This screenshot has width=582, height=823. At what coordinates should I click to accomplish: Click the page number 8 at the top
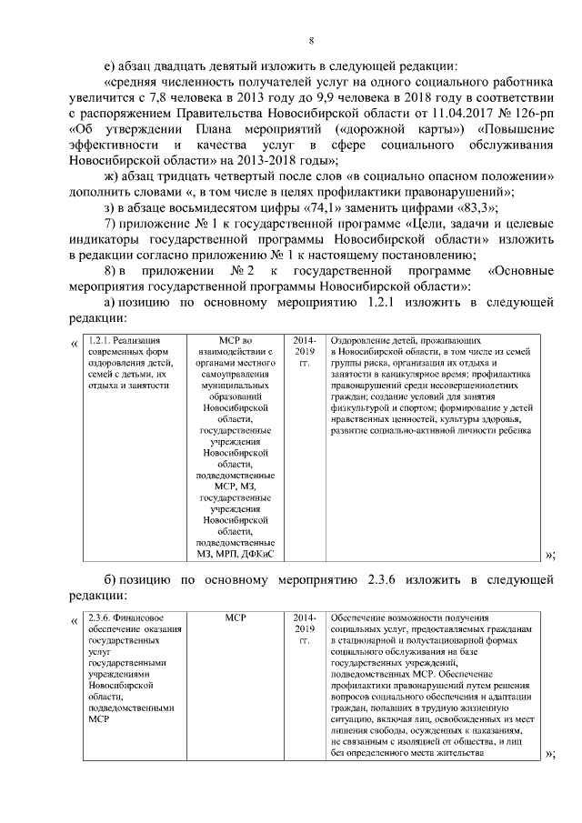coord(311,41)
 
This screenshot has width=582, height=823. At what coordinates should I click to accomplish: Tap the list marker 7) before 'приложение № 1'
coord(111,224)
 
